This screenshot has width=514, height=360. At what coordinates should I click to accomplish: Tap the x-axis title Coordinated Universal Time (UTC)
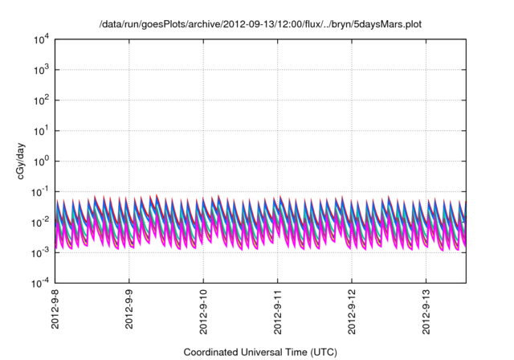[259, 352]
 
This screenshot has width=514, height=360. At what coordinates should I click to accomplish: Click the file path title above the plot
[259, 25]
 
